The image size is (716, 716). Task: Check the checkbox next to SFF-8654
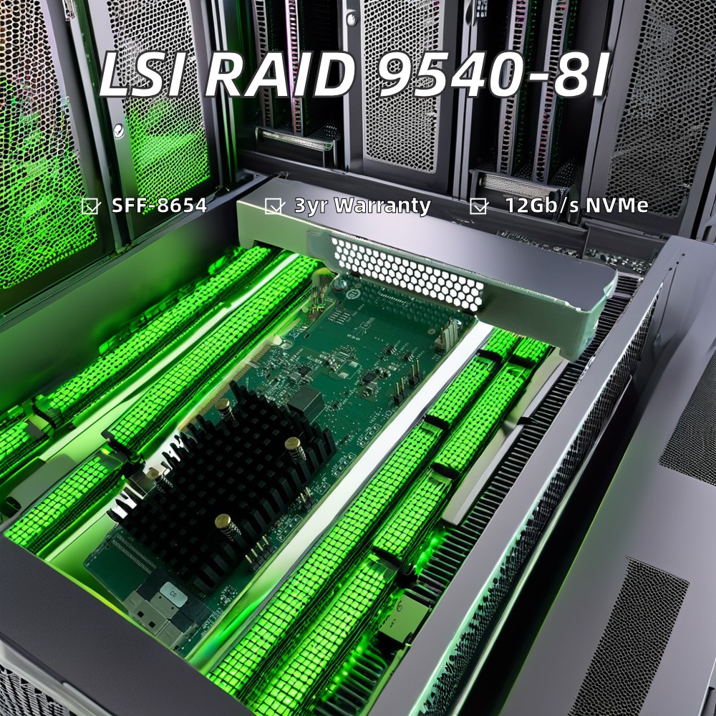[90, 206]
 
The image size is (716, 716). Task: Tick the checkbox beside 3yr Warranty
[273, 206]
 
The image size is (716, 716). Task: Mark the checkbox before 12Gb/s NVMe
[478, 206]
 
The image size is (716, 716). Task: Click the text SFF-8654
[159, 206]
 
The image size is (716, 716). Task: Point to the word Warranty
[382, 206]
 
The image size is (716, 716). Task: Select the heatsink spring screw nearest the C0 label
[227, 526]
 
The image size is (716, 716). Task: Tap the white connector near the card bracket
[449, 334]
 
